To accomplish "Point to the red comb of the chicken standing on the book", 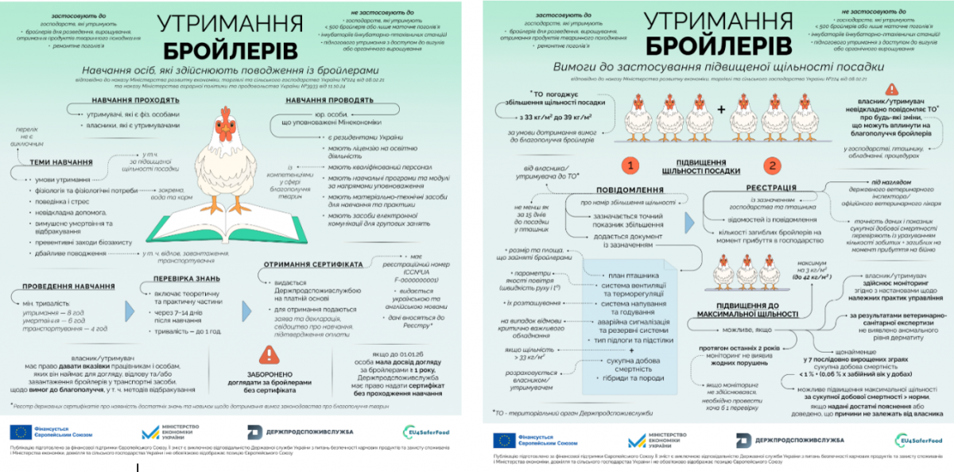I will coord(225,113).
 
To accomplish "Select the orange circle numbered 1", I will coord(630,166).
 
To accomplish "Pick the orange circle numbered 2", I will coord(770,166).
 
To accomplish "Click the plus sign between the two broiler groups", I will coord(732,110).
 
